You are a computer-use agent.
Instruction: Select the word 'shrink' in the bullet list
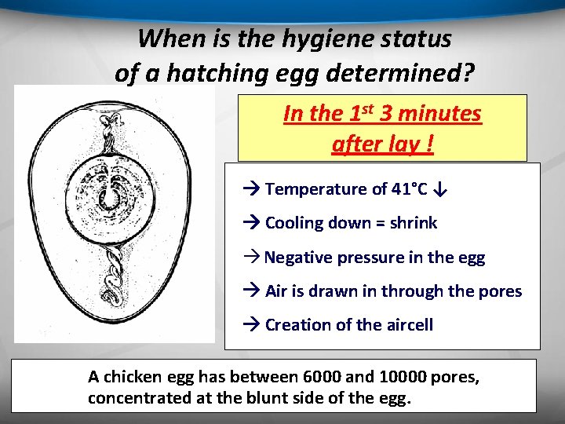coord(412,223)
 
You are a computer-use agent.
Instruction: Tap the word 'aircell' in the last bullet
coord(406,325)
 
